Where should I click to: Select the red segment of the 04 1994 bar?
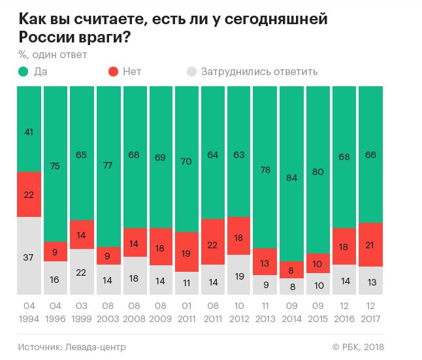click(x=29, y=194)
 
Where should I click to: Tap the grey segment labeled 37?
click(x=29, y=257)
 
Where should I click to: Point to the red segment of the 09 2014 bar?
click(x=291, y=269)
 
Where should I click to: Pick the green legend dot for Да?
click(x=24, y=71)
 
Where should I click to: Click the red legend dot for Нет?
click(x=112, y=71)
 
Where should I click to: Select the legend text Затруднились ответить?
click(x=259, y=71)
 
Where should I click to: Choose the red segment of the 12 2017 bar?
click(x=370, y=244)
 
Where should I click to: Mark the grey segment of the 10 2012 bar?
click(x=238, y=276)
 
